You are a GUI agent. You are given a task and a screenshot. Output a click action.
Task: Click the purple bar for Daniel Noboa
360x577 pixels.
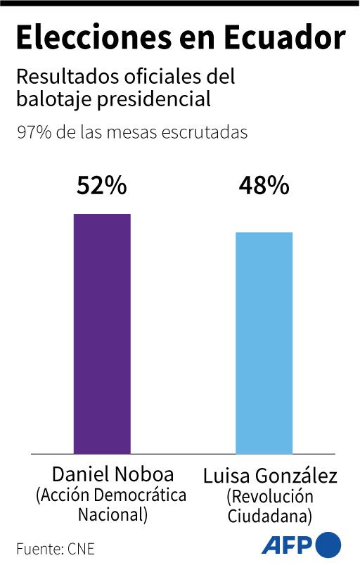pos(102,334)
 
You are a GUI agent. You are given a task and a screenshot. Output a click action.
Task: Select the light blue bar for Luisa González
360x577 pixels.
pos(264,343)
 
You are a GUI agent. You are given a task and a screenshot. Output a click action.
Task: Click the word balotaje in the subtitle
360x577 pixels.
pos(49,99)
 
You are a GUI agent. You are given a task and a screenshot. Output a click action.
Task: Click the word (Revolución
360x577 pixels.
pos(270,497)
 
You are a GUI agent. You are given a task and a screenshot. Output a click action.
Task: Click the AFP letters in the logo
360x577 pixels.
pos(288,546)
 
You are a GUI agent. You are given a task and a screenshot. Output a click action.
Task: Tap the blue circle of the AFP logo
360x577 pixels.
pos(328,545)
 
